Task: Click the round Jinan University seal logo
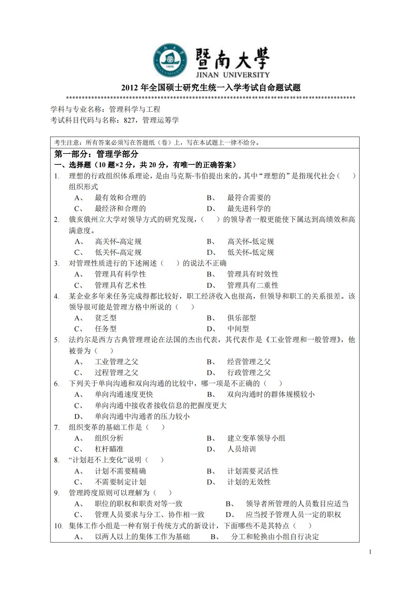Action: [x=170, y=61]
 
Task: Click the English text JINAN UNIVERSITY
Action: [x=233, y=75]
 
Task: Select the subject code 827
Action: [x=129, y=120]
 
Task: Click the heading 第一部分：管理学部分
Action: [x=96, y=154]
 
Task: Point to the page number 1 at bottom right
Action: [x=370, y=552]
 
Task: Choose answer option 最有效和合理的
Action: [x=120, y=198]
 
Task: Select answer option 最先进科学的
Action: [x=249, y=209]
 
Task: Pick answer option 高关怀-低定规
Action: [x=251, y=242]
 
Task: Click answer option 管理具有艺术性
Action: [x=120, y=285]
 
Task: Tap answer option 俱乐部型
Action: [x=241, y=318]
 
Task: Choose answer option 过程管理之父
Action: [x=116, y=373]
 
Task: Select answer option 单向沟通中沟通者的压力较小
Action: [x=142, y=416]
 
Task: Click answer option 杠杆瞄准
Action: [x=109, y=449]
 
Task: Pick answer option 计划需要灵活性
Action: [x=253, y=471]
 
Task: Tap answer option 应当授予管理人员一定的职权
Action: [x=293, y=515]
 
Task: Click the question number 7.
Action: [x=56, y=427]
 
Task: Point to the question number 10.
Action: [x=58, y=526]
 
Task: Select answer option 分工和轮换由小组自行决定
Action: [x=275, y=537]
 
